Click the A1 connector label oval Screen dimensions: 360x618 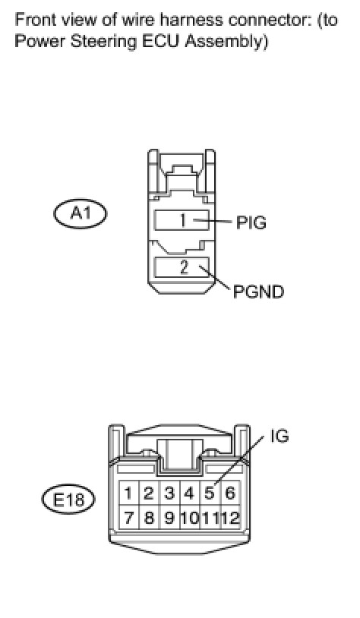[x=80, y=213]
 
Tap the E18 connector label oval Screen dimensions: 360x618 [x=68, y=499]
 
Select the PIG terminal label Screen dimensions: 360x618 [x=251, y=222]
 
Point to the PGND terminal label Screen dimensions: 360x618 [x=258, y=292]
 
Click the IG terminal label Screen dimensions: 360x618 [x=279, y=436]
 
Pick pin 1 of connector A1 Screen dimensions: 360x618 [x=182, y=220]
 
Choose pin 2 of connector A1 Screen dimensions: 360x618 [x=182, y=267]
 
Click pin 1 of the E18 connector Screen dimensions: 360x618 [x=128, y=493]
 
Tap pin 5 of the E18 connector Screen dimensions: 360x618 [x=210, y=493]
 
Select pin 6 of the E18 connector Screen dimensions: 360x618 [x=230, y=493]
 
